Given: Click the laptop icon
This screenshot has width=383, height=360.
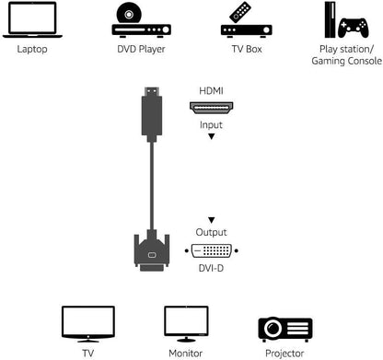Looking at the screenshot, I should click(x=29, y=19).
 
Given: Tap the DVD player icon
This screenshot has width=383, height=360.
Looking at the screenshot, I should click(x=140, y=19).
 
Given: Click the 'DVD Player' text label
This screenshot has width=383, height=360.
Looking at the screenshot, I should click(x=140, y=50).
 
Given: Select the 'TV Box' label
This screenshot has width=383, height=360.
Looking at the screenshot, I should click(x=247, y=50).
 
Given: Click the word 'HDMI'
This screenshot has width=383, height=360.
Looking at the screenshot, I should click(x=211, y=92).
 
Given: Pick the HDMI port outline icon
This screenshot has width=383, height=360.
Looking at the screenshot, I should click(x=211, y=107).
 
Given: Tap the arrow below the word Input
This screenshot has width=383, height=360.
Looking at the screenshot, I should click(x=211, y=136).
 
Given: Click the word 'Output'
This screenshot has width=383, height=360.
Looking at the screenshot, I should click(x=211, y=234).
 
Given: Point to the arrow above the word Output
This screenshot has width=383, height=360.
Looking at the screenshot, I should click(x=211, y=220).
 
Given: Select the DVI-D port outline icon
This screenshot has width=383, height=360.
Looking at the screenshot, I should click(x=211, y=250).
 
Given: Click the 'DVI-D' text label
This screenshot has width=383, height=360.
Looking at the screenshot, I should click(x=211, y=268).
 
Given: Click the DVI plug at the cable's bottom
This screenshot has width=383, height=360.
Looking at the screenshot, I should click(x=152, y=250).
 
